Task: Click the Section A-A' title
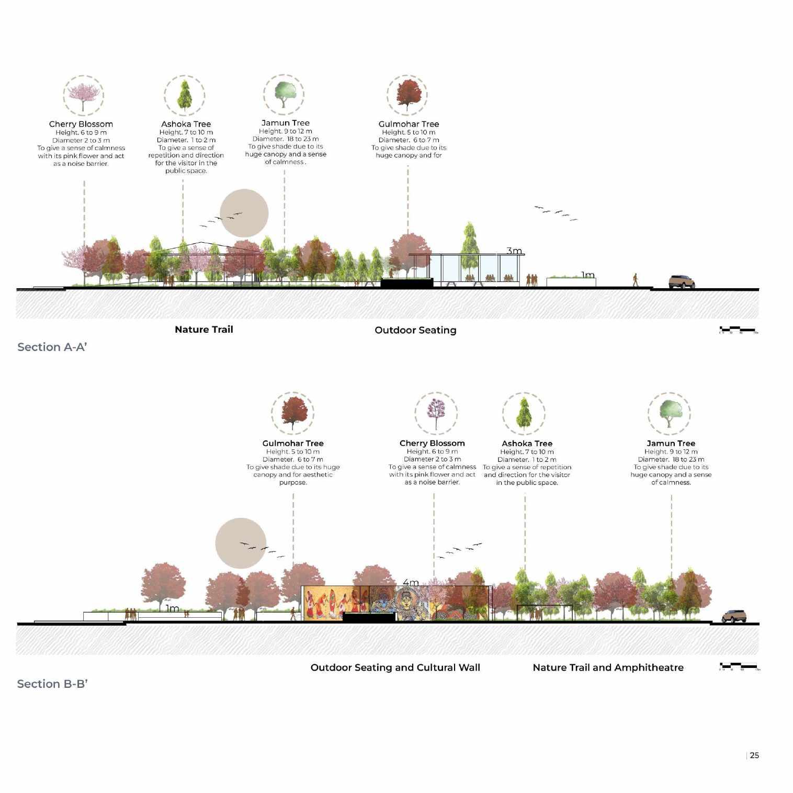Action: coord(52,347)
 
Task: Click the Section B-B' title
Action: coord(52,684)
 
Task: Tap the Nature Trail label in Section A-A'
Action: coord(204,330)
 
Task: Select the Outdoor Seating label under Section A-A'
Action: coord(415,330)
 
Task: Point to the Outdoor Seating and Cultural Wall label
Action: coord(395,667)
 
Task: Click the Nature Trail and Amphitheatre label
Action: coord(608,667)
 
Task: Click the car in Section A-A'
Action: coord(682,282)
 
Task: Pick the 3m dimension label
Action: coord(514,251)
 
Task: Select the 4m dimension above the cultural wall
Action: coord(411,583)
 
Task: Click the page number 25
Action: coord(754,755)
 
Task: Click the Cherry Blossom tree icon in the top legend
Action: coord(83,95)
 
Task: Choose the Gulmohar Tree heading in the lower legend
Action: coord(293,443)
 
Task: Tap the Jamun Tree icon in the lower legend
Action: coord(670,413)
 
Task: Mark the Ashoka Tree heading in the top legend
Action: coord(186,124)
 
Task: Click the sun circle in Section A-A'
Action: coord(244,213)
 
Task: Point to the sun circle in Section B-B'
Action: coord(241,543)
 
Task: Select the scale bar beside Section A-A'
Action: coord(738,330)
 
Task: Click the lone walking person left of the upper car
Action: coord(636,280)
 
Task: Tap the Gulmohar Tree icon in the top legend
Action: coord(408,95)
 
